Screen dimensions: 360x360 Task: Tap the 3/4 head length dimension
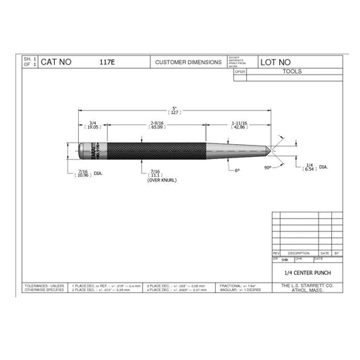pyautogui.click(x=93, y=126)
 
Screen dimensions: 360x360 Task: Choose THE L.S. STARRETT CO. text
pyautogui.click(x=307, y=285)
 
